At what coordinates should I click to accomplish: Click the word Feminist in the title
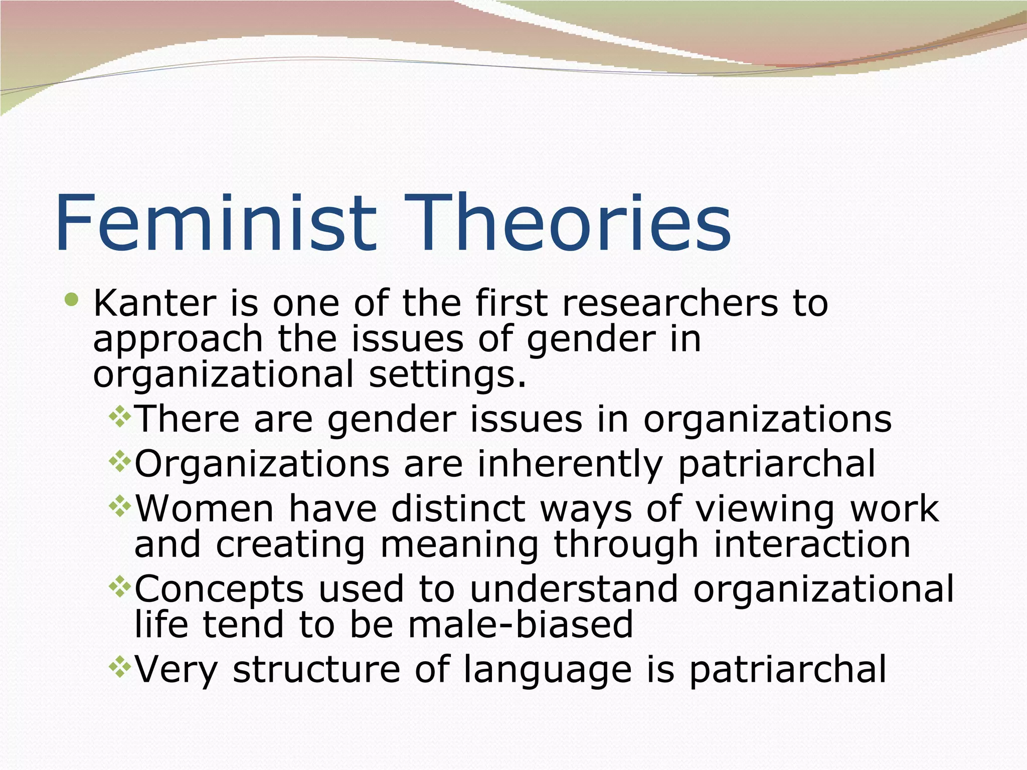pos(216,223)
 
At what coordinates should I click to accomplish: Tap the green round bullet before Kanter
pos(72,300)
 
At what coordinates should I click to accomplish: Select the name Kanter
pos(154,303)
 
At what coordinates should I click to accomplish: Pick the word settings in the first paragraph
pos(447,375)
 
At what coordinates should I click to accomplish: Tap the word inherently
pos(570,464)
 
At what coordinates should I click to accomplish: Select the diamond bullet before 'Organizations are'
pos(120,461)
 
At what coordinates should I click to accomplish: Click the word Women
pos(205,508)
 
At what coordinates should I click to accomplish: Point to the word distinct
pos(458,508)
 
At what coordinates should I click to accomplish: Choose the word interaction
pos(812,544)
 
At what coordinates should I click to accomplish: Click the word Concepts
pos(219,590)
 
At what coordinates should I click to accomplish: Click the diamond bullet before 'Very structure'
pos(120,667)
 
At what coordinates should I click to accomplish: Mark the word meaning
pos(459,545)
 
